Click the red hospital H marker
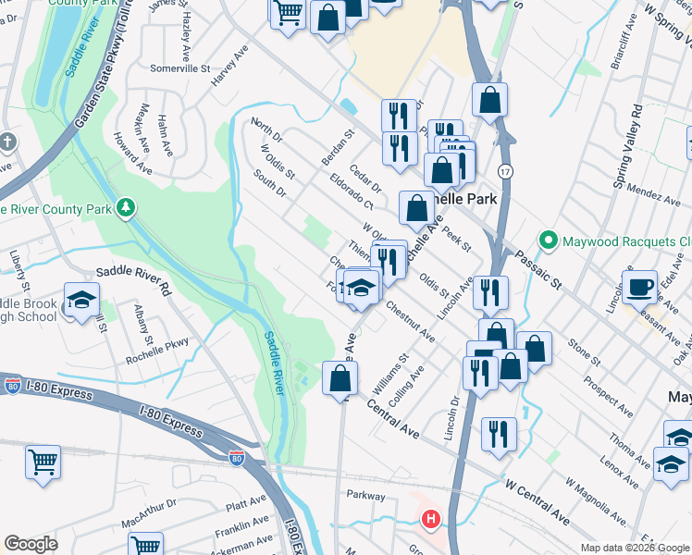[430, 521]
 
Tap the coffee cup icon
[639, 287]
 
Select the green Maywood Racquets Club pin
[549, 241]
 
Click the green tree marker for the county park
[125, 208]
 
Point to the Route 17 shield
[504, 171]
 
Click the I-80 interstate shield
[239, 457]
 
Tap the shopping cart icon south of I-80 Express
[43, 463]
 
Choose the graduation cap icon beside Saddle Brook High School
[81, 300]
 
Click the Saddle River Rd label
[135, 278]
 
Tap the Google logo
[31, 544]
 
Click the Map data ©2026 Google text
[634, 548]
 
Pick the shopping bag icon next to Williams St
[340, 378]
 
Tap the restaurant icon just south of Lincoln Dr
[499, 434]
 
